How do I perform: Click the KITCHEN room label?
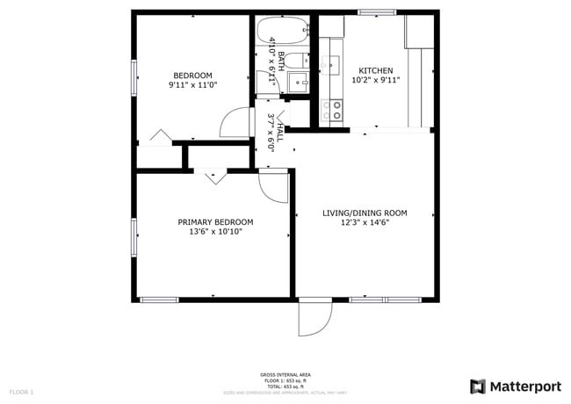(x=375, y=71)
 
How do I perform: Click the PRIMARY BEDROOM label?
(x=215, y=222)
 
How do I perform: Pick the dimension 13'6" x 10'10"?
(x=215, y=233)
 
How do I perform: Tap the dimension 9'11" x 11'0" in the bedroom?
(x=192, y=86)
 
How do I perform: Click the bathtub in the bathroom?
(x=282, y=32)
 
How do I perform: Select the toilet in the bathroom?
(x=300, y=82)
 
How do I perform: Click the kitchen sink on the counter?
(x=331, y=64)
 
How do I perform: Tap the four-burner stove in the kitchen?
(x=332, y=110)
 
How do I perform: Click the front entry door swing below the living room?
(x=314, y=318)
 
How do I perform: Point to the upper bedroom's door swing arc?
(x=235, y=123)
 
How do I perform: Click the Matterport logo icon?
(x=478, y=386)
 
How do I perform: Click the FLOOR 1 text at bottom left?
(x=21, y=391)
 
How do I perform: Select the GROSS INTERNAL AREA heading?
(x=285, y=374)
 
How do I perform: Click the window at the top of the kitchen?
(x=376, y=11)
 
